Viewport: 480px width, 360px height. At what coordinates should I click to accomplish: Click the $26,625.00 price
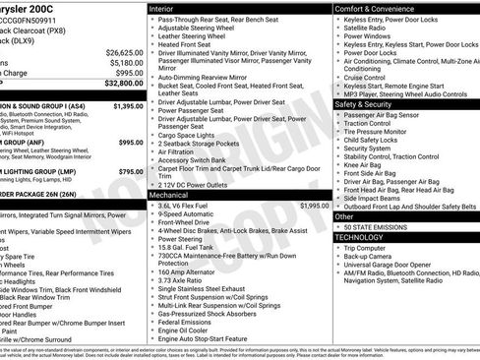(124, 51)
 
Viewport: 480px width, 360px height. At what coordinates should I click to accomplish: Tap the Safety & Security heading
(364, 103)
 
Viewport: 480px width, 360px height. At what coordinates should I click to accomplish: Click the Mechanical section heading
(173, 195)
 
